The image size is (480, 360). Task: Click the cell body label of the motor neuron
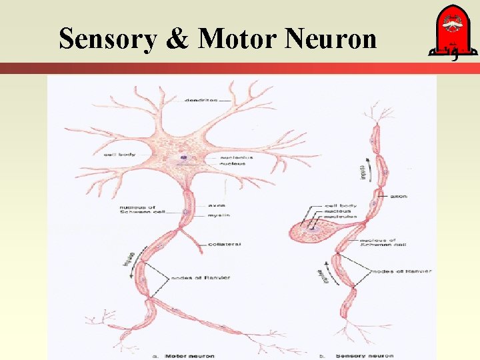click(x=120, y=154)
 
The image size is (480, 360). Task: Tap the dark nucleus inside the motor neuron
click(x=182, y=159)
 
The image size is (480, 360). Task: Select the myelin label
click(x=218, y=215)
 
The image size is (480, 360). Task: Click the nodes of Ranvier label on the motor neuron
click(x=201, y=277)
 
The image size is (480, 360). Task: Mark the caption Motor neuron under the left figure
click(x=189, y=355)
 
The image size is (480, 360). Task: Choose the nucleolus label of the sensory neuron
click(x=340, y=217)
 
